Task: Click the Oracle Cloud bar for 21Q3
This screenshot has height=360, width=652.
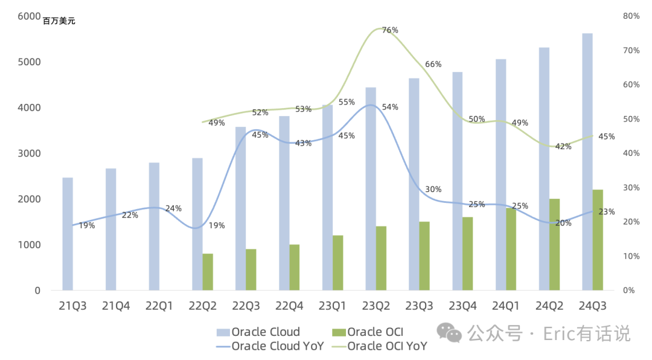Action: (x=68, y=234)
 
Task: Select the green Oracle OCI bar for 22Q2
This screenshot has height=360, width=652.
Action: (x=208, y=272)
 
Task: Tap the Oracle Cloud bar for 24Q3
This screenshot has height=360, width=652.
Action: (x=587, y=161)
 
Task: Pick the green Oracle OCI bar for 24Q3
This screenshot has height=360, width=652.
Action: (x=598, y=240)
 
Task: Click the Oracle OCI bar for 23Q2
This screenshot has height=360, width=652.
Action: (x=382, y=258)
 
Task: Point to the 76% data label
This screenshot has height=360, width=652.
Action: (x=390, y=30)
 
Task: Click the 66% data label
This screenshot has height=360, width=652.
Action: (x=433, y=64)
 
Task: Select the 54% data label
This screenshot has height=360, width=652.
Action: (x=390, y=107)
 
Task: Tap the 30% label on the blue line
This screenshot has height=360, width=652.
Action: (x=433, y=190)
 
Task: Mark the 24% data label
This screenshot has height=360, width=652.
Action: (x=173, y=208)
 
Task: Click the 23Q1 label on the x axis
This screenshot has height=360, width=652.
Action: (x=332, y=306)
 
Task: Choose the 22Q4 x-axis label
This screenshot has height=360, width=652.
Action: (x=289, y=306)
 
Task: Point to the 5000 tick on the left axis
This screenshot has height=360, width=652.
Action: (x=29, y=62)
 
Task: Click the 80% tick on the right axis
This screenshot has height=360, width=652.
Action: (x=631, y=16)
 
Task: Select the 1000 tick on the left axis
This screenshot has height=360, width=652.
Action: (x=29, y=245)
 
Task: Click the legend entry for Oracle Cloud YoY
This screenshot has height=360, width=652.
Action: (x=270, y=346)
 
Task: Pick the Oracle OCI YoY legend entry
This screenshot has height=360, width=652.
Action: (x=380, y=346)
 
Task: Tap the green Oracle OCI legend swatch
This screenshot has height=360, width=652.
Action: (x=339, y=332)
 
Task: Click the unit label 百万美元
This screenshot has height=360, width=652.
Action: (x=59, y=21)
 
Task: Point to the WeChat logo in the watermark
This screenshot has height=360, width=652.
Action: (x=449, y=333)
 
